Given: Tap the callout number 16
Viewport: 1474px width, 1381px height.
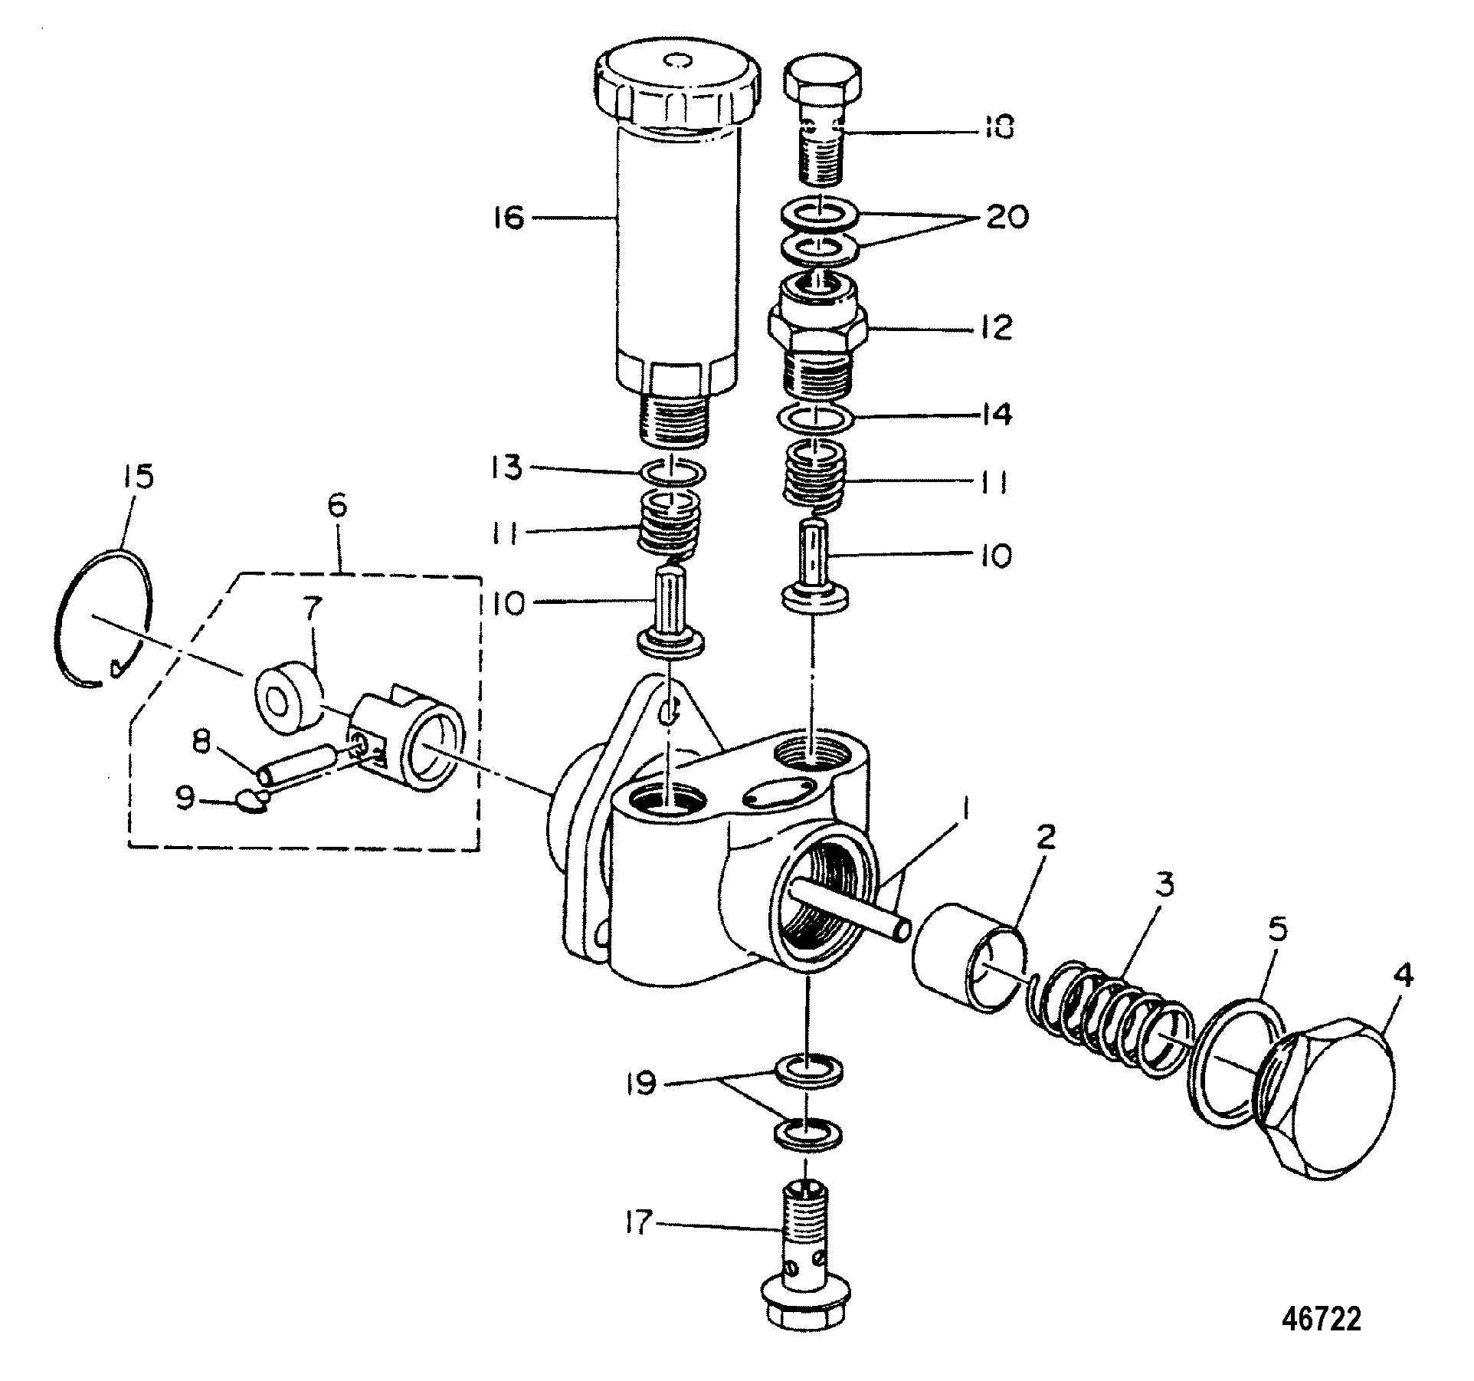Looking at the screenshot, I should (x=508, y=218).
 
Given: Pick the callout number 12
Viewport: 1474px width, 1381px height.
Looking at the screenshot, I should (x=995, y=326).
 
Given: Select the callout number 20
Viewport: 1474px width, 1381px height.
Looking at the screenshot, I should (x=1006, y=218).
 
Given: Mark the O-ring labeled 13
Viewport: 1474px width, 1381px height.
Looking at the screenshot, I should (x=672, y=474).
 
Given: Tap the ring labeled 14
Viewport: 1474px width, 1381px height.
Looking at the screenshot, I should (x=817, y=419).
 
